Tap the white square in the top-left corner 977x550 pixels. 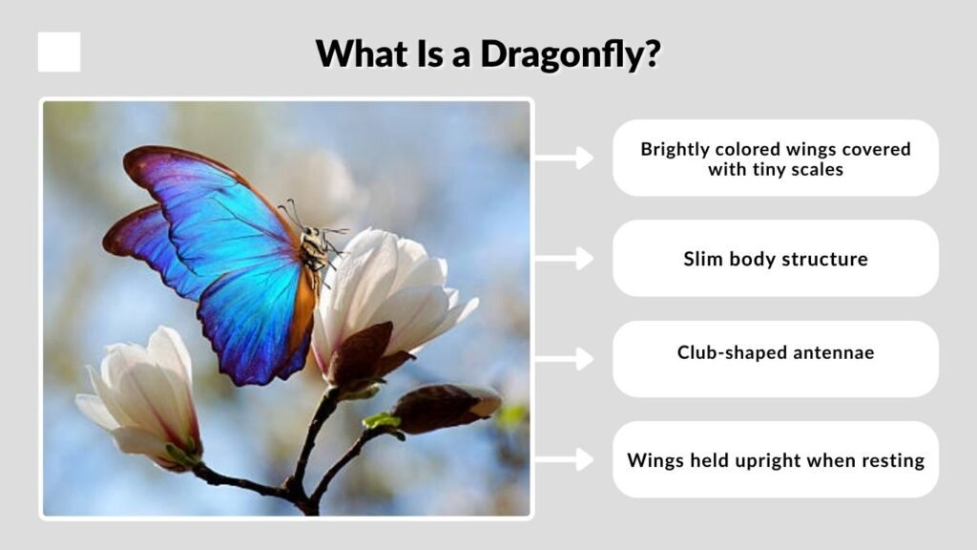coord(59,53)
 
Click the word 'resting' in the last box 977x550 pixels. coord(890,460)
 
